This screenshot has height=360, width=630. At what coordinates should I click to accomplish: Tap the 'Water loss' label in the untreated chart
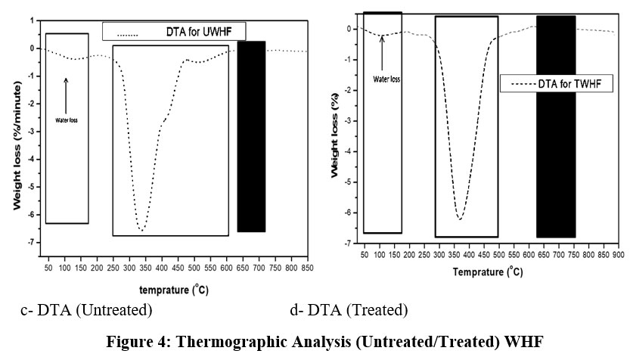tap(67, 119)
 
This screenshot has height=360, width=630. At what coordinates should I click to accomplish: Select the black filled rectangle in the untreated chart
tap(251, 136)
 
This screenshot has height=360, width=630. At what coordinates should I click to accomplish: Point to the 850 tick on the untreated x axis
tap(307, 268)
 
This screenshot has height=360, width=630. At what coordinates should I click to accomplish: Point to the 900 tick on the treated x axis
tap(617, 255)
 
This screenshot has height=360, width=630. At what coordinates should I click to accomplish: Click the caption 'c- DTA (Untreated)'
tap(86, 310)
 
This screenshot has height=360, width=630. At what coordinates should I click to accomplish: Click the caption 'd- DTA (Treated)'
tap(348, 310)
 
